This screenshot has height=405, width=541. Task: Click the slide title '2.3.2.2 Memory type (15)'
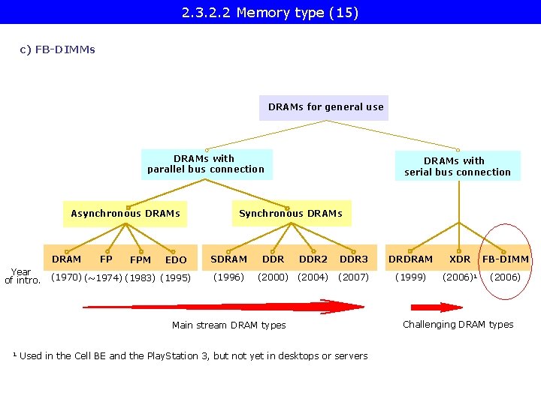click(270, 13)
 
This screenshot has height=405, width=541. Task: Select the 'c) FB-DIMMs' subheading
click(58, 50)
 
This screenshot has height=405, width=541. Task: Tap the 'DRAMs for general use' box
click(325, 107)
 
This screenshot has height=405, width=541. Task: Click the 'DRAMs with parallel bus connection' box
click(206, 163)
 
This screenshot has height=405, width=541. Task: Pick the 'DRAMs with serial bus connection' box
click(457, 166)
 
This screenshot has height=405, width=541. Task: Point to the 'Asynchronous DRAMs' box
click(125, 214)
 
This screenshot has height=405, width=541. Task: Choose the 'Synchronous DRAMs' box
click(290, 214)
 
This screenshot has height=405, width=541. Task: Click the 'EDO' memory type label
click(176, 260)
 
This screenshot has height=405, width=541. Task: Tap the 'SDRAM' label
click(228, 259)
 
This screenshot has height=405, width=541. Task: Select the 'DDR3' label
click(354, 259)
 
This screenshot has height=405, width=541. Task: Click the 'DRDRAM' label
click(410, 259)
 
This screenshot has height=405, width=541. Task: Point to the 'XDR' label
click(460, 259)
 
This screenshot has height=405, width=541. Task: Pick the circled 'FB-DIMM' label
click(506, 259)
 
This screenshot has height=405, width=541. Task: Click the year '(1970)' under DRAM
click(66, 277)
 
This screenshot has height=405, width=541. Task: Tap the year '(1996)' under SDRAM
click(228, 277)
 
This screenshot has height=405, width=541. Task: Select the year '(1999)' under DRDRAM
click(410, 277)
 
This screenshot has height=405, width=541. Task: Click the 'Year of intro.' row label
click(22, 276)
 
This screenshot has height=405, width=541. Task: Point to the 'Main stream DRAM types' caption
click(228, 325)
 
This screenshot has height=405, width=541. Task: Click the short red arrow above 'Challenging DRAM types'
click(437, 307)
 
